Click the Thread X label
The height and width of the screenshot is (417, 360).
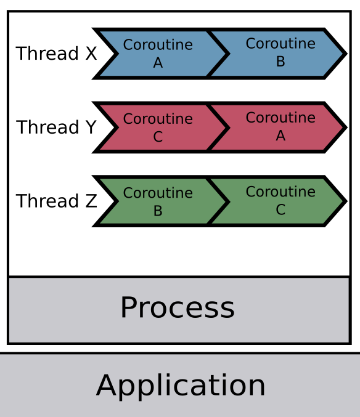tap(56, 53)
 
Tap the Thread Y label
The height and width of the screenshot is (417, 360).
tap(56, 127)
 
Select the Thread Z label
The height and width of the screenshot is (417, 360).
tap(57, 201)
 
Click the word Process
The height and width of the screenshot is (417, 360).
tap(178, 307)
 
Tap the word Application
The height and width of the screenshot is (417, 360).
tap(181, 386)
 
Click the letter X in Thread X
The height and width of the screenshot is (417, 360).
tap(91, 53)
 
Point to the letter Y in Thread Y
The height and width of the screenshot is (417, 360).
tap(91, 127)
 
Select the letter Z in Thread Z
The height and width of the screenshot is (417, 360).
tap(91, 201)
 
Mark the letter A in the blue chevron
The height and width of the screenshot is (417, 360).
tap(158, 63)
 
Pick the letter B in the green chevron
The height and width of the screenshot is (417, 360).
tap(158, 211)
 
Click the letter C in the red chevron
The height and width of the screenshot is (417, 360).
tap(158, 137)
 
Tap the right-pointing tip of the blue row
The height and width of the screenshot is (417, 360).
tap(347, 54)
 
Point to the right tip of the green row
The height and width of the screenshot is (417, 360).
tap(347, 201)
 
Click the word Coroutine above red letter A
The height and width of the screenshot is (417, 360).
tap(280, 117)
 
